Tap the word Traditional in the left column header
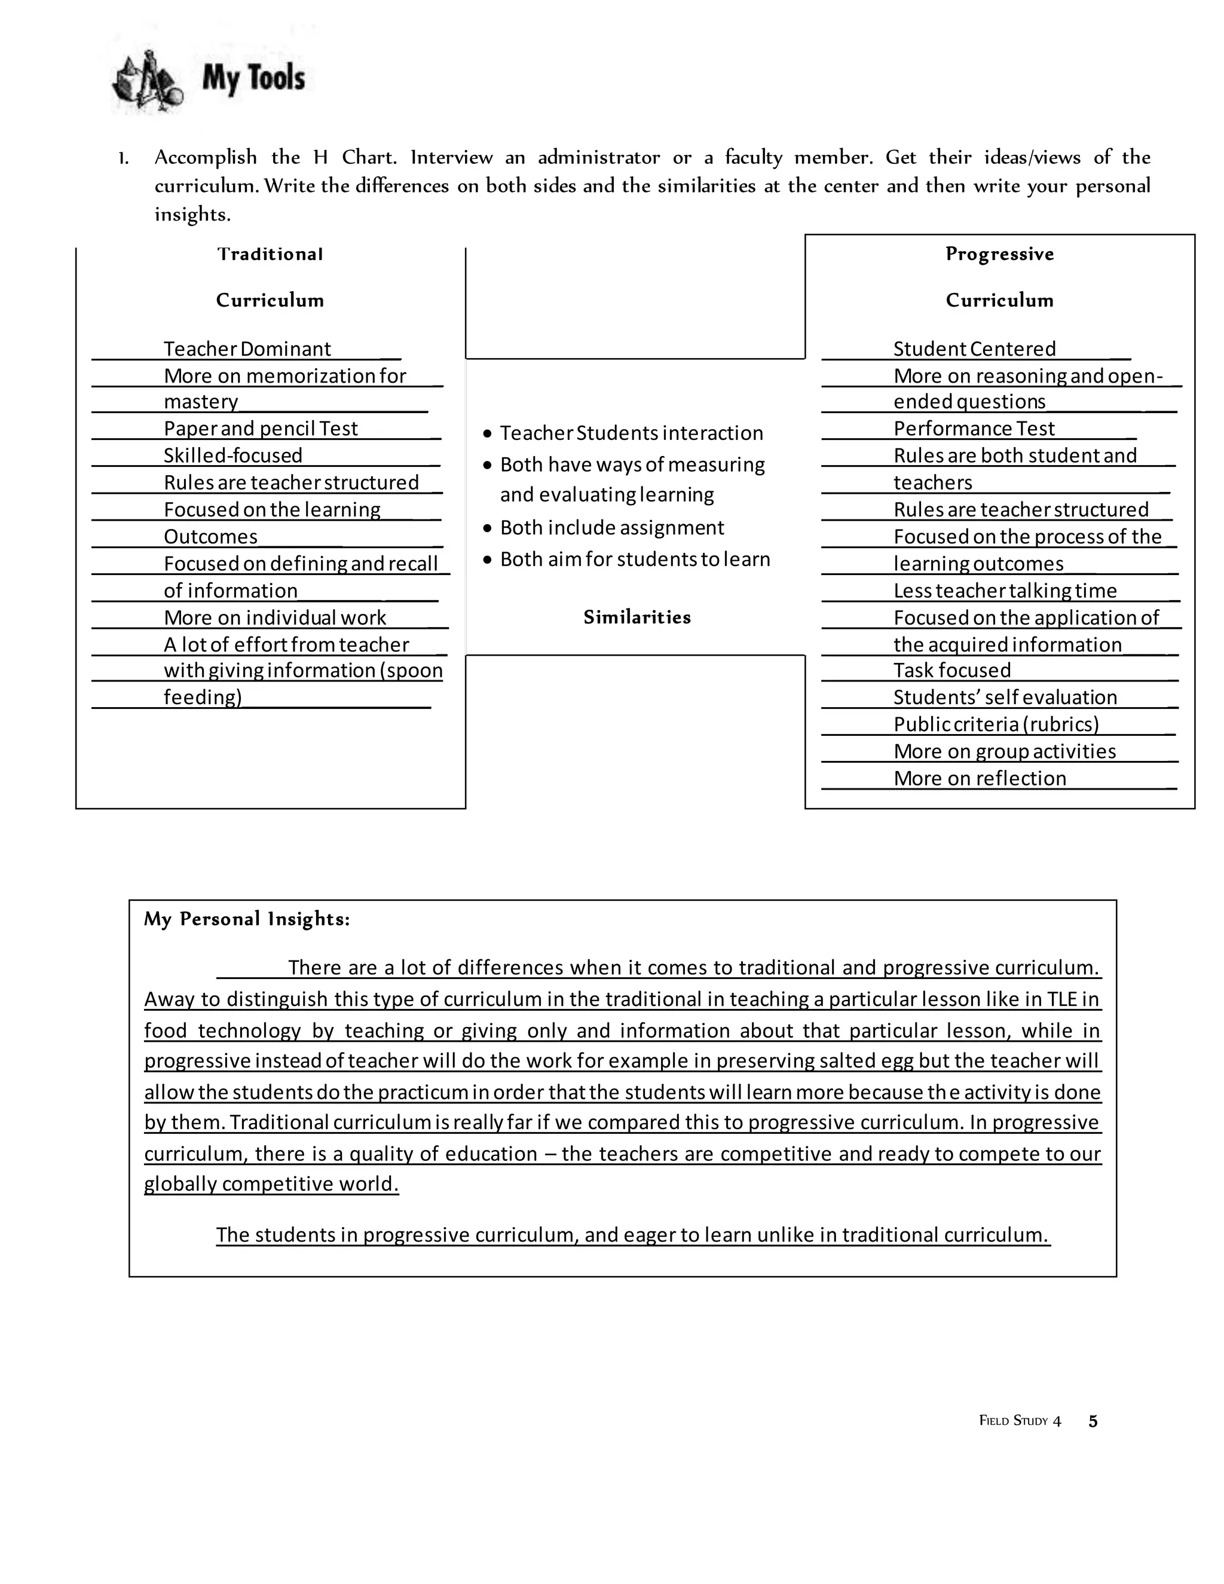270,254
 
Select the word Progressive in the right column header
999,254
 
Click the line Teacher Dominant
247,349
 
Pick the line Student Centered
974,349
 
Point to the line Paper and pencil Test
261,429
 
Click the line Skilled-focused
232,455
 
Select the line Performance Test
973,429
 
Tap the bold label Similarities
637,617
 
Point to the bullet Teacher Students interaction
631,433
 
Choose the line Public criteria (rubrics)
996,724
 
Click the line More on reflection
980,778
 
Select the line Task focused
951,670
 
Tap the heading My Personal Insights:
247,919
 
